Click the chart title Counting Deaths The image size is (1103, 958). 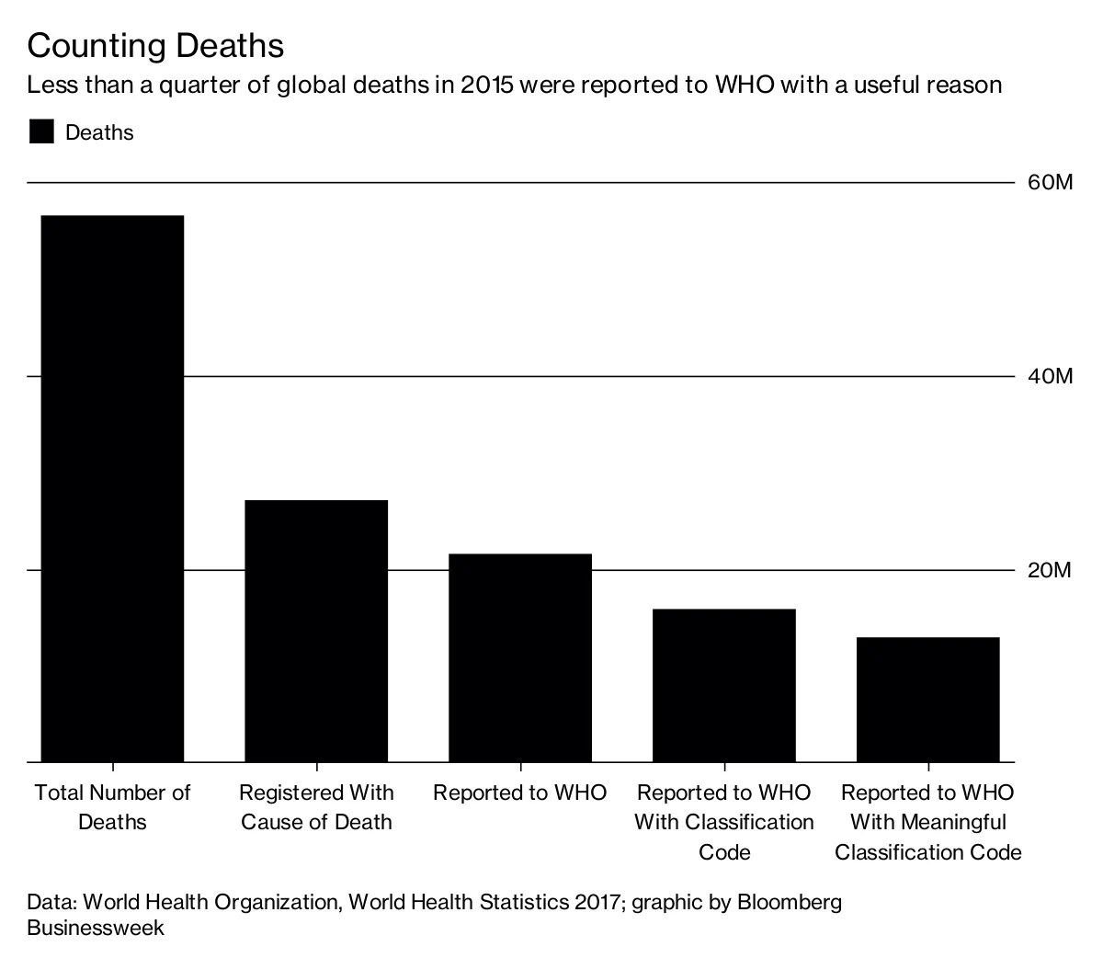155,46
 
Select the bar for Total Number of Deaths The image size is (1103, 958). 112,488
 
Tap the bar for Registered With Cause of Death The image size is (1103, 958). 316,631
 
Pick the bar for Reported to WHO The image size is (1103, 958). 520,657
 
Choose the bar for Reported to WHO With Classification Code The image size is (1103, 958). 724,685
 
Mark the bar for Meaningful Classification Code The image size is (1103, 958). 927,699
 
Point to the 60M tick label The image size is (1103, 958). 1049,183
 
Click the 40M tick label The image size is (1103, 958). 1049,377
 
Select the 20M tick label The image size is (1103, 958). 1049,571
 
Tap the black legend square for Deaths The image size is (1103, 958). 41,132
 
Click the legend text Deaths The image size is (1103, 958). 99,132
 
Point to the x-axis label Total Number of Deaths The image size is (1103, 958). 112,806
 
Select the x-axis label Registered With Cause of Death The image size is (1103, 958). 316,806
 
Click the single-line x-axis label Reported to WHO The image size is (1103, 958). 520,793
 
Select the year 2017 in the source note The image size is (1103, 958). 597,902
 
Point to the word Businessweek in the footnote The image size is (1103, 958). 96,928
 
